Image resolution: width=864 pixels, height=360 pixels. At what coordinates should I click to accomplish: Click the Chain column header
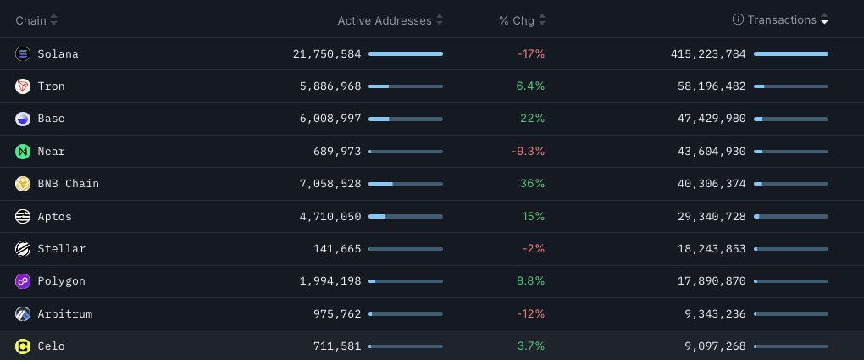(x=31, y=19)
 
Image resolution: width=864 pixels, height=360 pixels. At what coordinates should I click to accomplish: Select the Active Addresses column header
(x=385, y=19)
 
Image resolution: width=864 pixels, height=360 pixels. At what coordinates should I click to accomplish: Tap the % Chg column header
(x=515, y=19)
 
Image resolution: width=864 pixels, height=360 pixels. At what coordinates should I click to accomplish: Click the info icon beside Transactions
(x=738, y=19)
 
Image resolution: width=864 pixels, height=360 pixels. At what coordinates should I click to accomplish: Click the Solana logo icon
(x=23, y=54)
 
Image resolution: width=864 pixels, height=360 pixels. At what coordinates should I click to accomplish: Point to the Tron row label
(x=51, y=86)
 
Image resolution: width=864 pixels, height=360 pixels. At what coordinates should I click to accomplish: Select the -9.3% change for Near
(x=530, y=151)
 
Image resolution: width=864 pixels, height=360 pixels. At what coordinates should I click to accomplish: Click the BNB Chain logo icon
(x=23, y=184)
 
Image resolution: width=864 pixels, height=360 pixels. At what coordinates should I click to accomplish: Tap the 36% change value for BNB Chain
(x=533, y=184)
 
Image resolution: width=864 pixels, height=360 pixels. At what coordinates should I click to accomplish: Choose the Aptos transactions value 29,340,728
(x=707, y=216)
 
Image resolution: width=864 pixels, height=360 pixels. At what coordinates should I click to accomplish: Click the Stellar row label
(x=61, y=249)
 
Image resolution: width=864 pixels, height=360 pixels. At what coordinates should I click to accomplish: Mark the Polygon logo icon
(x=23, y=281)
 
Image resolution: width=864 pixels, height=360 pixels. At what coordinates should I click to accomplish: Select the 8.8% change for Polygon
(x=530, y=281)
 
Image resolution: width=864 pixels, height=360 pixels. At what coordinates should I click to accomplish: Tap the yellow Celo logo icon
(x=23, y=346)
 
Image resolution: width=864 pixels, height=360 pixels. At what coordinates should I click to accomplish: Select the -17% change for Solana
(x=530, y=54)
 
